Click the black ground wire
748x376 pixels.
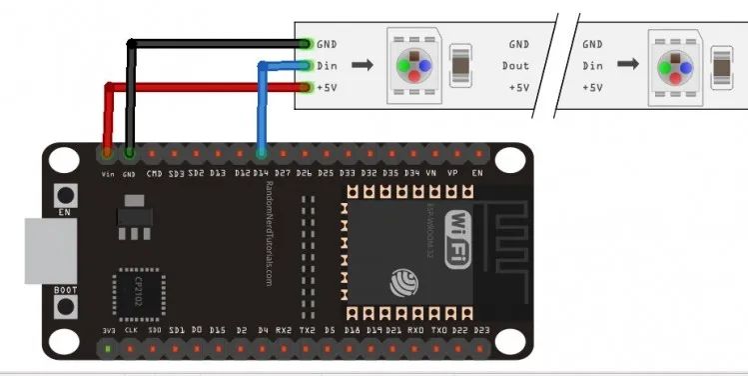click(x=215, y=43)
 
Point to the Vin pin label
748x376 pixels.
click(x=108, y=173)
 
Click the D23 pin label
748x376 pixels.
click(x=482, y=329)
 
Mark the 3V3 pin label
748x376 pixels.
click(x=108, y=329)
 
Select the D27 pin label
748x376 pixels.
click(x=284, y=173)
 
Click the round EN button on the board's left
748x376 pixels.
click(x=67, y=194)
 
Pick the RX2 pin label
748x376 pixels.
click(x=284, y=329)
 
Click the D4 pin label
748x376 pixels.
click(x=263, y=329)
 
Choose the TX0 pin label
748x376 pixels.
click(x=437, y=329)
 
